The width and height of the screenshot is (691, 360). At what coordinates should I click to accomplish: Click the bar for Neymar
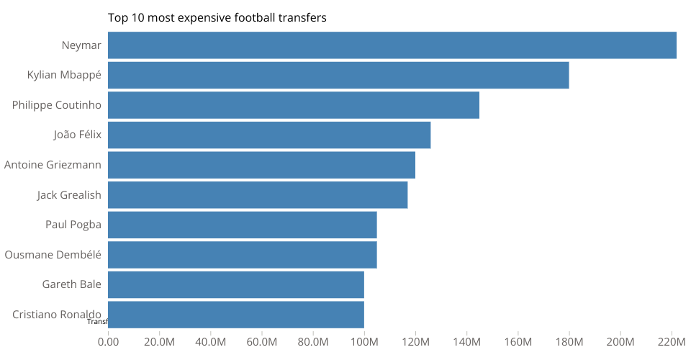point(392,45)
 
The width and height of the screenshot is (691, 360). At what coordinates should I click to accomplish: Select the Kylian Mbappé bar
point(338,76)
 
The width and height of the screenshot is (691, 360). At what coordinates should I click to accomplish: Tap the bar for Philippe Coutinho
point(293,105)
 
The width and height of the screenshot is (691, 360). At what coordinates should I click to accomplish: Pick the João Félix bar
point(269,135)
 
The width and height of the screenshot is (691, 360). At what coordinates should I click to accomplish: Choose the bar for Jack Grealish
point(258,195)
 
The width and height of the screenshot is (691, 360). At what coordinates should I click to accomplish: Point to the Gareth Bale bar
point(236,284)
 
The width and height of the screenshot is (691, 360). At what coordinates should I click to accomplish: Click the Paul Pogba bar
point(243,225)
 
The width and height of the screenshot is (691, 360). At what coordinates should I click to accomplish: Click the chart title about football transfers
point(217,18)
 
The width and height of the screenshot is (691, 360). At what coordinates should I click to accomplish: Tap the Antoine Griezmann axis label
point(53,165)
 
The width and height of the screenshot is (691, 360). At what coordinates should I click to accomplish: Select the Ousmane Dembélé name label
point(53,254)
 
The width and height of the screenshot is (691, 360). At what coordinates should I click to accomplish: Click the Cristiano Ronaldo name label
point(57,314)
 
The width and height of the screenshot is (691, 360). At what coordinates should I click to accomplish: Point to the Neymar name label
point(81,45)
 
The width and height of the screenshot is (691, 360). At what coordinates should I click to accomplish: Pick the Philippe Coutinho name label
point(57,105)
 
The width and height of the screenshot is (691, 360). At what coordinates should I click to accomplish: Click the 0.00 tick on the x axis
point(108,341)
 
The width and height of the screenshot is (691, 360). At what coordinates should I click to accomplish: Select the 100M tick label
point(364,341)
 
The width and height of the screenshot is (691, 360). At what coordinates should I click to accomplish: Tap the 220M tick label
point(672,341)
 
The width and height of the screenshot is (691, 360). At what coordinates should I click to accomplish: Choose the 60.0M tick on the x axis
point(262,341)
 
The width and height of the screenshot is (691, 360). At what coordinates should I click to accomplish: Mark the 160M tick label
point(518,341)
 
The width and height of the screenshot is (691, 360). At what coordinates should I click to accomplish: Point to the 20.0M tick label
point(159,341)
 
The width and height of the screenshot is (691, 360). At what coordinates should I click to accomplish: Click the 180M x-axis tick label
point(569,341)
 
